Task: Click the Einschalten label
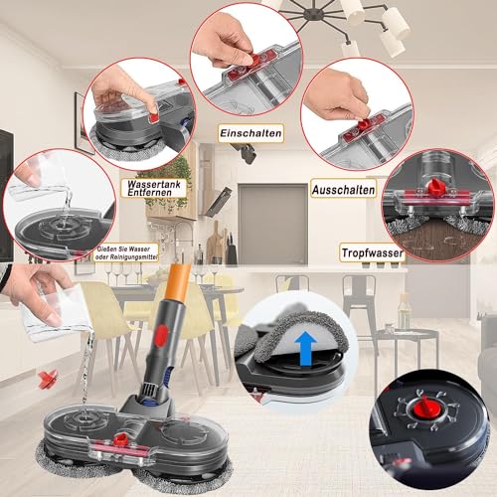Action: tap(250, 133)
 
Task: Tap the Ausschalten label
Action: tap(344, 190)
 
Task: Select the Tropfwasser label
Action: tap(372, 252)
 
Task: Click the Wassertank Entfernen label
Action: tap(154, 188)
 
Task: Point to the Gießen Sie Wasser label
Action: tap(126, 252)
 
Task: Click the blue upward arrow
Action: tap(305, 349)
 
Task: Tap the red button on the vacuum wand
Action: tap(161, 332)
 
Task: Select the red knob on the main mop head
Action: tap(120, 439)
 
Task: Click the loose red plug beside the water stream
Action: tap(48, 379)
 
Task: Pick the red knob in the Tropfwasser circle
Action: tap(433, 187)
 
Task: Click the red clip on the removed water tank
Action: tap(154, 117)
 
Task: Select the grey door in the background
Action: tap(273, 225)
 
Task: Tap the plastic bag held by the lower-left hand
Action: tap(55, 314)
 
